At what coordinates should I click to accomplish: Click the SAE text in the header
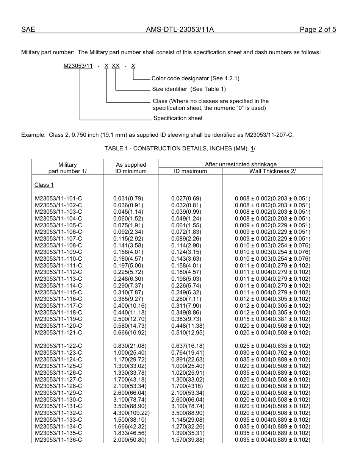click(x=28, y=30)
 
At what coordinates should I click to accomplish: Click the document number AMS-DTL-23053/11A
click(x=180, y=30)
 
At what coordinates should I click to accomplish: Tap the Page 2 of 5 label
click(x=318, y=30)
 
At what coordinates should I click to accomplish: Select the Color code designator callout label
click(x=195, y=78)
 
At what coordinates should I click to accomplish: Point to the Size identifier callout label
click(x=189, y=89)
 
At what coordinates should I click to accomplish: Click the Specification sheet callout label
click(x=178, y=118)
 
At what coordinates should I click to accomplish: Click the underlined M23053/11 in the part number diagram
click(x=78, y=66)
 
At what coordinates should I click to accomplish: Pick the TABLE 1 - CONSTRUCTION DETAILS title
click(x=180, y=149)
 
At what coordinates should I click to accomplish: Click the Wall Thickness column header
click(x=272, y=171)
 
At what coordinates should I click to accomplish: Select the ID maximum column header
click(x=190, y=171)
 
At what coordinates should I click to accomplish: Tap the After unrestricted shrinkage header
click(x=241, y=164)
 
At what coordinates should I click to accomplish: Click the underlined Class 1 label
click(x=44, y=185)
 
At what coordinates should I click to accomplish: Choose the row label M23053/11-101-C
click(x=58, y=199)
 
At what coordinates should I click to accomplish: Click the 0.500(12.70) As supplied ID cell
click(x=130, y=319)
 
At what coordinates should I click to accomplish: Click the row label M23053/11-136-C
click(x=58, y=440)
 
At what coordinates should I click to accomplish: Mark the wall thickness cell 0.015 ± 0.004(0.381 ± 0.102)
click(x=272, y=319)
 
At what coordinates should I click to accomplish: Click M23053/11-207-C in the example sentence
click(x=269, y=134)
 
